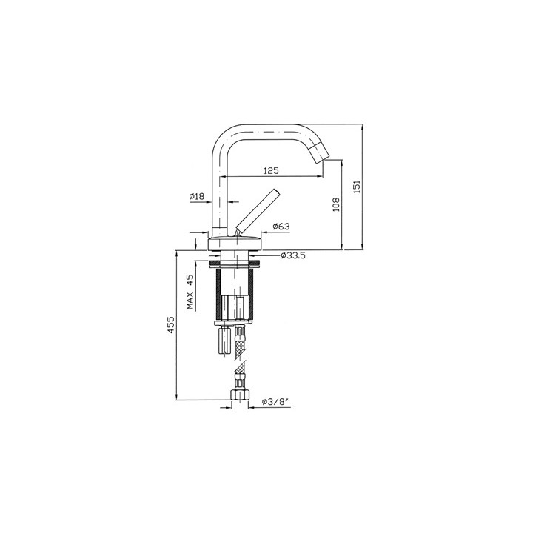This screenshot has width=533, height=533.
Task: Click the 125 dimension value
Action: point(271,171)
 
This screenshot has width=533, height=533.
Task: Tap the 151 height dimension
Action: point(357,187)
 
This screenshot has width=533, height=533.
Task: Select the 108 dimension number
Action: point(336,204)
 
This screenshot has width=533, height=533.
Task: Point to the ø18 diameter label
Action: point(197,196)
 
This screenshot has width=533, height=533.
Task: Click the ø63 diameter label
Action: point(281,227)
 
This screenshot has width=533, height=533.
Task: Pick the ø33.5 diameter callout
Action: point(293,255)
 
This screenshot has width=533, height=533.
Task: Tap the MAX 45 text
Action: point(191,292)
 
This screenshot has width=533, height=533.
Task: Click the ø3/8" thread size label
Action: point(275,402)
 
